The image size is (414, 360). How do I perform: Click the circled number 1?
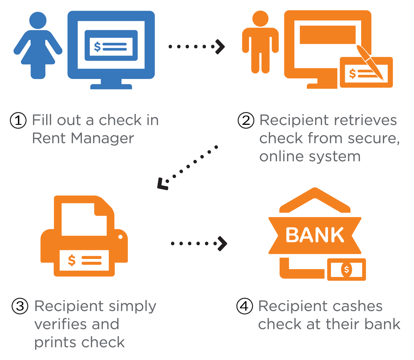[18, 120]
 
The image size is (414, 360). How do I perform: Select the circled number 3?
[20, 306]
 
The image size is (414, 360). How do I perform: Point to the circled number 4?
[244, 306]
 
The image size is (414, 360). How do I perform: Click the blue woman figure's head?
[38, 20]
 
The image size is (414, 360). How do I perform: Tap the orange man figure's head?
[260, 19]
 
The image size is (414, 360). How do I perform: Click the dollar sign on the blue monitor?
[97, 47]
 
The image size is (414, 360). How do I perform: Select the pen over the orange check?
[370, 62]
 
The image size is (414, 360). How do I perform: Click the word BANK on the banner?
[315, 235]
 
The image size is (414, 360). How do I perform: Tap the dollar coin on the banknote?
[346, 269]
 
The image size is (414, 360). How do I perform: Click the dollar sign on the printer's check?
[72, 260]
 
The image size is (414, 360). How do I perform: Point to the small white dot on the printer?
[120, 237]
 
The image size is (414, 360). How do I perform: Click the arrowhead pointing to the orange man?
[220, 47]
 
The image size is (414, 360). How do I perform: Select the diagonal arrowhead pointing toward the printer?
[163, 184]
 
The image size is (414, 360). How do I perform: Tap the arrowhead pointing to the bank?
[222, 244]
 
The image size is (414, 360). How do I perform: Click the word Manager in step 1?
[102, 139]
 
